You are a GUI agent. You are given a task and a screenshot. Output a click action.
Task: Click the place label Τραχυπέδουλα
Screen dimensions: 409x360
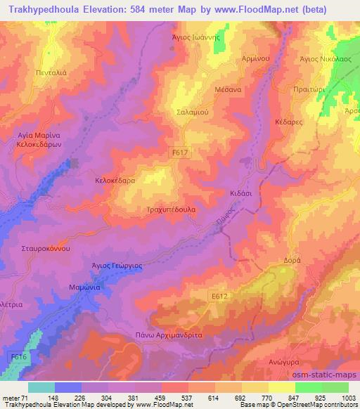point(172,209)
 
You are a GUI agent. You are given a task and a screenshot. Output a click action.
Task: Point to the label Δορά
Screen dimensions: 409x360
point(292,258)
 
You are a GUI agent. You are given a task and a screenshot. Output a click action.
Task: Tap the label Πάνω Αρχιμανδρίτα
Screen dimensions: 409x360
point(168,336)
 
